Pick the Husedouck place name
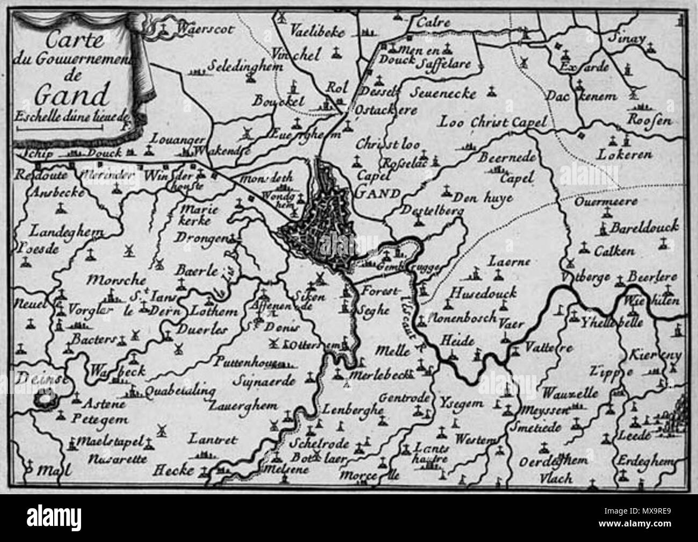(x=483, y=294)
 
